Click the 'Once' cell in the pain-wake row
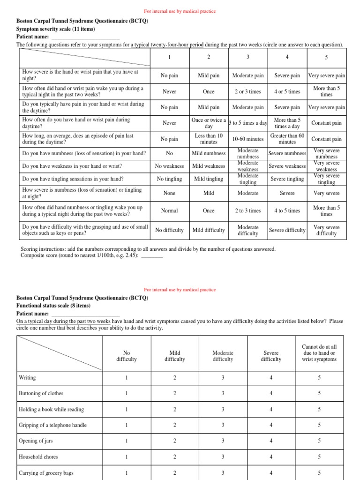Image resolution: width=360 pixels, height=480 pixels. tap(209, 91)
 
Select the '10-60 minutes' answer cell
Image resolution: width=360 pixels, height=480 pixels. tap(248, 139)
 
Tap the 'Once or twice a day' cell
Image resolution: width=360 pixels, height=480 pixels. tap(209, 123)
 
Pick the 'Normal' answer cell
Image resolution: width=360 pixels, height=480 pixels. tap(169, 210)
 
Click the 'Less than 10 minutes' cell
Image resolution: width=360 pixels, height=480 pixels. tap(209, 139)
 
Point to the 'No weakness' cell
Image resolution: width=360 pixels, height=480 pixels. tap(169, 166)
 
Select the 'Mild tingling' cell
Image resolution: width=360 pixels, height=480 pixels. tap(209, 179)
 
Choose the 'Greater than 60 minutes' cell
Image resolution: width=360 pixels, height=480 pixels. tap(287, 139)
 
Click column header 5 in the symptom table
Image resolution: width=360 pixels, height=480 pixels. tap(326, 57)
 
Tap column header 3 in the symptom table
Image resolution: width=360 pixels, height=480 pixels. tap(248, 57)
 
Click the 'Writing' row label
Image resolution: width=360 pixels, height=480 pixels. tap(27, 377)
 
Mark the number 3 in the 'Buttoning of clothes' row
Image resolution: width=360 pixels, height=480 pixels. tap(223, 393)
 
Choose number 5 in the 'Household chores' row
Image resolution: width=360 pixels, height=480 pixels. tap(319, 457)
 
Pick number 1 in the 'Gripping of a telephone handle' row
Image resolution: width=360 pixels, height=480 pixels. tap(126, 425)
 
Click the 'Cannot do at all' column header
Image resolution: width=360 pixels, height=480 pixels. tap(319, 353)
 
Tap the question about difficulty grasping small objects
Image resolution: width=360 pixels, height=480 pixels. tap(85, 230)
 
